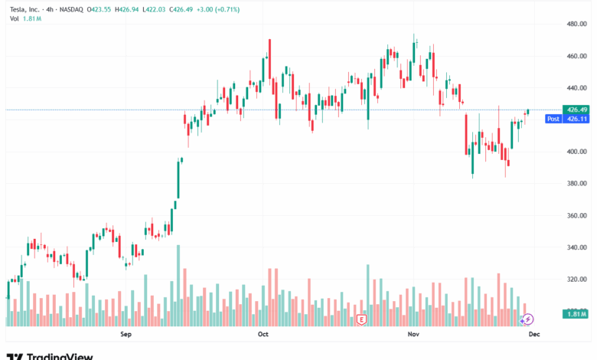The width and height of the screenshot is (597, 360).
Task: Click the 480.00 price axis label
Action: (576, 25)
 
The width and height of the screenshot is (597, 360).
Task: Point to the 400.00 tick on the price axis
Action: (576, 152)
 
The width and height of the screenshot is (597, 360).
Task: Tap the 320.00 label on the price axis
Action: (576, 280)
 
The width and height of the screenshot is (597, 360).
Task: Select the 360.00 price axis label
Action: (576, 216)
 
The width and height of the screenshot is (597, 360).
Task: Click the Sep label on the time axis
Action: (127, 335)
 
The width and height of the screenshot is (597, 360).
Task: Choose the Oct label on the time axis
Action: (263, 335)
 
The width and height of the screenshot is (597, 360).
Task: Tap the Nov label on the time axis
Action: (413, 335)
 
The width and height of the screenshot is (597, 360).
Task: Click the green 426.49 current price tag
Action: (576, 110)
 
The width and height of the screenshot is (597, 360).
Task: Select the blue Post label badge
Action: (553, 119)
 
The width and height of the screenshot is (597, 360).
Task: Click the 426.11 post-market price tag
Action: (576, 119)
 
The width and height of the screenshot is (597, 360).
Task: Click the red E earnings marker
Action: (361, 318)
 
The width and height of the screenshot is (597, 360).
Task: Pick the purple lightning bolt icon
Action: (528, 318)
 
